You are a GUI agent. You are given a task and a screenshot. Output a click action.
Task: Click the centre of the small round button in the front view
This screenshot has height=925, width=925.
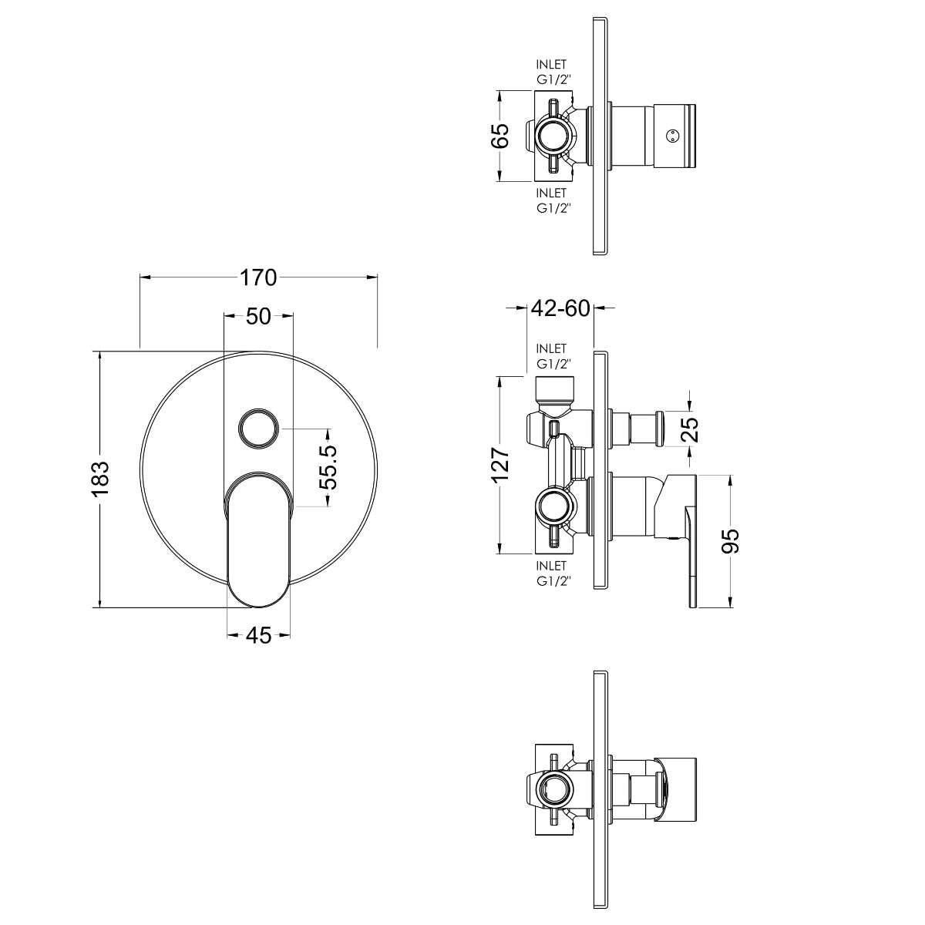[258, 429]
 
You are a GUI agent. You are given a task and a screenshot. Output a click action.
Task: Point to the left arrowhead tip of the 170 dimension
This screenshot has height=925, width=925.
[140, 277]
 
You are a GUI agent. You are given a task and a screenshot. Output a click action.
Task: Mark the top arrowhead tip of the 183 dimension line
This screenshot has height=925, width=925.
[100, 351]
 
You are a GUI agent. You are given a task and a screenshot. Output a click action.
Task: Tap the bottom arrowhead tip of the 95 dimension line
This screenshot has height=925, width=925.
[731, 607]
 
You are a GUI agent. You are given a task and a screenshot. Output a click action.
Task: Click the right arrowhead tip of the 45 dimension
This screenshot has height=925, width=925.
[291, 635]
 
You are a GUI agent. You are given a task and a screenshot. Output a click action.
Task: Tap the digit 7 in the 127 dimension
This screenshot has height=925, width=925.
[499, 454]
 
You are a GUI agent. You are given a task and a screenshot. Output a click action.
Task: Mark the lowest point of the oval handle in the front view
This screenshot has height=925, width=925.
[258, 607]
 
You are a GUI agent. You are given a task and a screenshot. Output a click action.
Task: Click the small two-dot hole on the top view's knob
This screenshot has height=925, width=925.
[672, 136]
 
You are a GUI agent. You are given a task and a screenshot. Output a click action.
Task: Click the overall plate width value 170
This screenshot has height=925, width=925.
[259, 277]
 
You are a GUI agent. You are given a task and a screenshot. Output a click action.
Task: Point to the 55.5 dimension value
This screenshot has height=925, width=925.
[329, 467]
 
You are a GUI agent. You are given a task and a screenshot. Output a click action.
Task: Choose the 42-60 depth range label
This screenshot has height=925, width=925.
[560, 308]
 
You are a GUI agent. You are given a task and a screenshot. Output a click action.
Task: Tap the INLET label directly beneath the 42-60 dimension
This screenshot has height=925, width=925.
[552, 348]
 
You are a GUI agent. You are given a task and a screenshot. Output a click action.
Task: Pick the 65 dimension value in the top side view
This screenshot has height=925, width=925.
[500, 136]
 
